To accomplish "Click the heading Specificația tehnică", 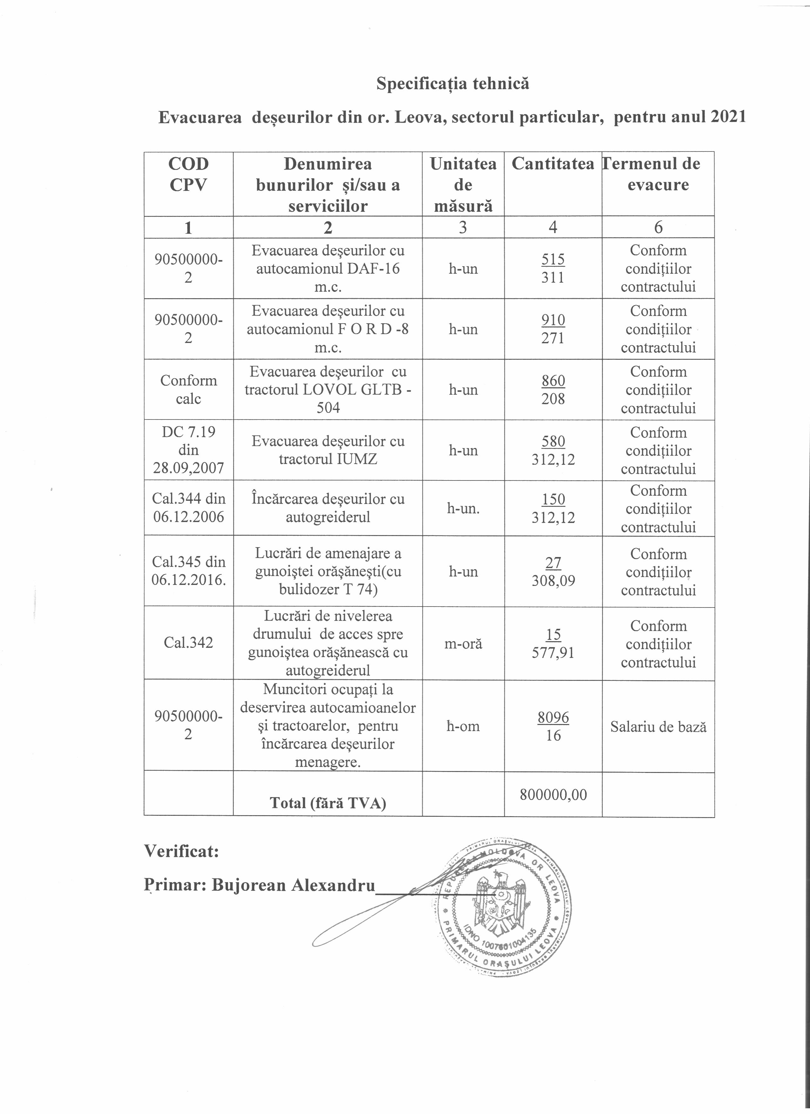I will pyautogui.click(x=453, y=84).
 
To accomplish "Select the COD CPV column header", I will pyautogui.click(x=188, y=174).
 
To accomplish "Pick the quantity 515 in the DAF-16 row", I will pyautogui.click(x=553, y=259).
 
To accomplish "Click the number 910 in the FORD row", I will pyautogui.click(x=553, y=320).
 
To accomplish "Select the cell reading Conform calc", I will pyautogui.click(x=188, y=390).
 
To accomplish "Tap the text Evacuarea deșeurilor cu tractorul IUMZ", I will pyautogui.click(x=327, y=450).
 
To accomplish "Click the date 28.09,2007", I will pyautogui.click(x=188, y=468).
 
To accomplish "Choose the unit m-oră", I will pyautogui.click(x=463, y=643).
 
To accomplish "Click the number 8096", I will pyautogui.click(x=553, y=718).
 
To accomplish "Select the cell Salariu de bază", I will pyautogui.click(x=658, y=727).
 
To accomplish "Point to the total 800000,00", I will pyautogui.click(x=553, y=795).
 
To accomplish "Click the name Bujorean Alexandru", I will pyautogui.click(x=293, y=885).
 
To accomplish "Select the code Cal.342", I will pyautogui.click(x=188, y=643).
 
